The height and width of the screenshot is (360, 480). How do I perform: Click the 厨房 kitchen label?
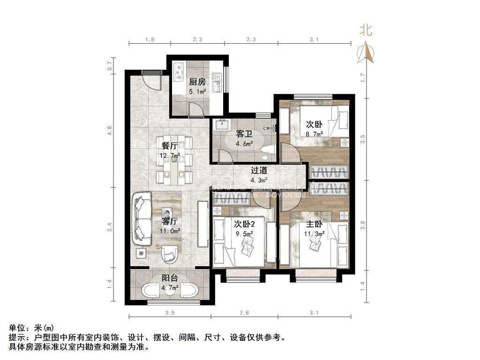coord(197,82)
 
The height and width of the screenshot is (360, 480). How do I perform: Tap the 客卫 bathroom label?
coord(244,134)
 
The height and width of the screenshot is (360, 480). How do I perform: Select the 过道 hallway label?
coord(259,171)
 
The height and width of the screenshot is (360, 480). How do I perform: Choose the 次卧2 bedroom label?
coord(244,224)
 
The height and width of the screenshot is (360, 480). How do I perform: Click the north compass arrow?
coord(366,52)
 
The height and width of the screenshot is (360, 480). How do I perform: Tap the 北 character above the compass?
coord(366,30)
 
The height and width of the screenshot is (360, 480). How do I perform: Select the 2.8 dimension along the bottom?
coord(244,313)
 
